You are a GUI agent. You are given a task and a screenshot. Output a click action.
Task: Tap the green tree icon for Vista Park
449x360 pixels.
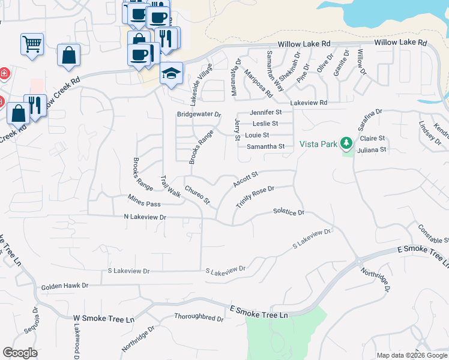pos(346,143)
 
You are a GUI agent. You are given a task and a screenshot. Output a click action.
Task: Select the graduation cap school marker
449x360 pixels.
pos(171,73)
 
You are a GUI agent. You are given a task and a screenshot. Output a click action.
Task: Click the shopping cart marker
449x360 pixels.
pos(32,43)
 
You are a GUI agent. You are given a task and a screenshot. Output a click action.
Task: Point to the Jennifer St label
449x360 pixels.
pos(266,112)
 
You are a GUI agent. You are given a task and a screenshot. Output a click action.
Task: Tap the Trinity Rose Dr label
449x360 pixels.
pos(255,197)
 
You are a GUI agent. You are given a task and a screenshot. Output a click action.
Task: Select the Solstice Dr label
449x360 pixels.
pos(289,212)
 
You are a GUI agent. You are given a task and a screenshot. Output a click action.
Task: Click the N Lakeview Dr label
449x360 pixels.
pos(145,217)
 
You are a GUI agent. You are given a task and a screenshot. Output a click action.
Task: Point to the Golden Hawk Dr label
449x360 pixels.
pos(65,287)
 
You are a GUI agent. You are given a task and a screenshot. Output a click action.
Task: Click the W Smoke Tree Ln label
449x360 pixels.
pos(104,319)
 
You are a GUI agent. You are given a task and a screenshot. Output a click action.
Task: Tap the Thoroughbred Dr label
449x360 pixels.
pos(199,316)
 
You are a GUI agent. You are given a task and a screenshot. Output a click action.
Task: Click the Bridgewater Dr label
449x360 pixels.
pos(199,114)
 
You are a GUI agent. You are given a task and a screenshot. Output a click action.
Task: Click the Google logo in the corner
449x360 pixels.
pos(20,353)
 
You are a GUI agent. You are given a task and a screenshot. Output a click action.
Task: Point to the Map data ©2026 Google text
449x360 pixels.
pos(412,355)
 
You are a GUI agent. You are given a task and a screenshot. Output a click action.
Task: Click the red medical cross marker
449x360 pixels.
pos(4,74)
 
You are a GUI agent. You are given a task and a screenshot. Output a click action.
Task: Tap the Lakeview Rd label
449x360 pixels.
pos(309,103)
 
